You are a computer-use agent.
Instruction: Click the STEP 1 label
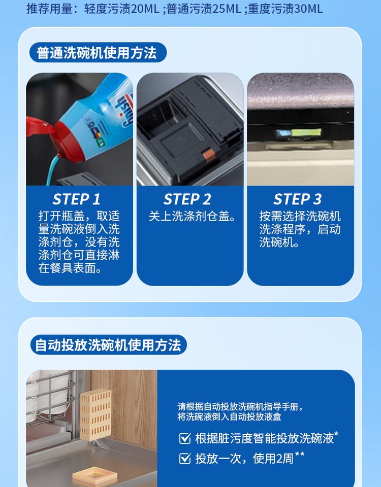pyautogui.click(x=76, y=199)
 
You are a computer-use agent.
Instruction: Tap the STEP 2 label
pyautogui.click(x=187, y=199)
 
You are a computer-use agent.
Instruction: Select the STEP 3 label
pyautogui.click(x=297, y=199)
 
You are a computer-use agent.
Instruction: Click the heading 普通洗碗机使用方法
pyautogui.click(x=97, y=52)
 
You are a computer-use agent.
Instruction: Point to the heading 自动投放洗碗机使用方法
pyautogui.click(x=108, y=345)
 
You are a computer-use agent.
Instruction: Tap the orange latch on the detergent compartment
pyautogui.click(x=208, y=154)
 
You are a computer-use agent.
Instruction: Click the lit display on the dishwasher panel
pyautogui.click(x=298, y=133)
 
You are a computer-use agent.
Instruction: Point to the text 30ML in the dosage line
pyautogui.click(x=308, y=9)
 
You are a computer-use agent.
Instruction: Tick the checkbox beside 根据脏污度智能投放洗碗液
pyautogui.click(x=185, y=438)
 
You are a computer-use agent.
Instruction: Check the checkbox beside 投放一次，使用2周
pyautogui.click(x=185, y=459)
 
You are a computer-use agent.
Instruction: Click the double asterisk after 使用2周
pyautogui.click(x=300, y=455)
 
